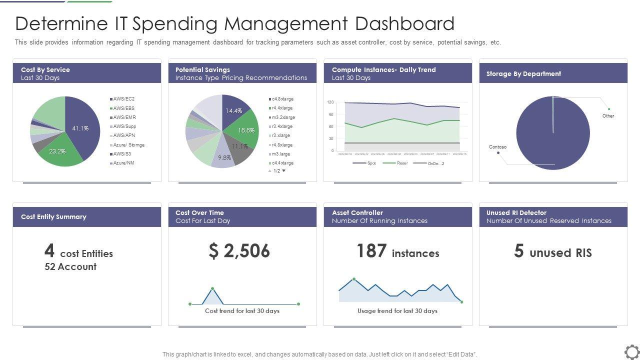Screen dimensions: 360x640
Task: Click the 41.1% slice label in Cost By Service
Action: click(80, 128)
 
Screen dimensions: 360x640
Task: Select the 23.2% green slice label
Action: click(57, 151)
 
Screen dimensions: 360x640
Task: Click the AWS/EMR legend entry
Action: click(124, 117)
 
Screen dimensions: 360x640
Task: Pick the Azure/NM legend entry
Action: click(123, 163)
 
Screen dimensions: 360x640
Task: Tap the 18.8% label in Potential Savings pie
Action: click(246, 130)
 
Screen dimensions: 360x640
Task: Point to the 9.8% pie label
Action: click(224, 157)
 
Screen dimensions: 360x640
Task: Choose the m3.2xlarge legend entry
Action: click(283, 117)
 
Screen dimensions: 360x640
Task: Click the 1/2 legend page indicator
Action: click(277, 171)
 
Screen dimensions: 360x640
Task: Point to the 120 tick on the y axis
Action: click(330, 102)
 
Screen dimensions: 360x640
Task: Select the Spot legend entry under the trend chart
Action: click(371, 163)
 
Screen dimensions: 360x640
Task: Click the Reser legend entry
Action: click(402, 163)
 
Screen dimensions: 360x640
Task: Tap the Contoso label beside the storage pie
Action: click(497, 147)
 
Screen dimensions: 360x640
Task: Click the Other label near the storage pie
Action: click(608, 116)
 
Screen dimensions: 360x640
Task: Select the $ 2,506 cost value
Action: click(239, 251)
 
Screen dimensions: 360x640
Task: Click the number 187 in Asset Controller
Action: click(371, 251)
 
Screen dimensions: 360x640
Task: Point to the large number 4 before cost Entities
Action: click(49, 250)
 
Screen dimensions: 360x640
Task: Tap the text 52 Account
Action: click(70, 266)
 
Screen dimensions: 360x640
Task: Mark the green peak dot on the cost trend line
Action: click(212, 288)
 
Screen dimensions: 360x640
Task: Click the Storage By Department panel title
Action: click(523, 73)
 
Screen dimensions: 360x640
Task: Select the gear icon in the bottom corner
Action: click(631, 351)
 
